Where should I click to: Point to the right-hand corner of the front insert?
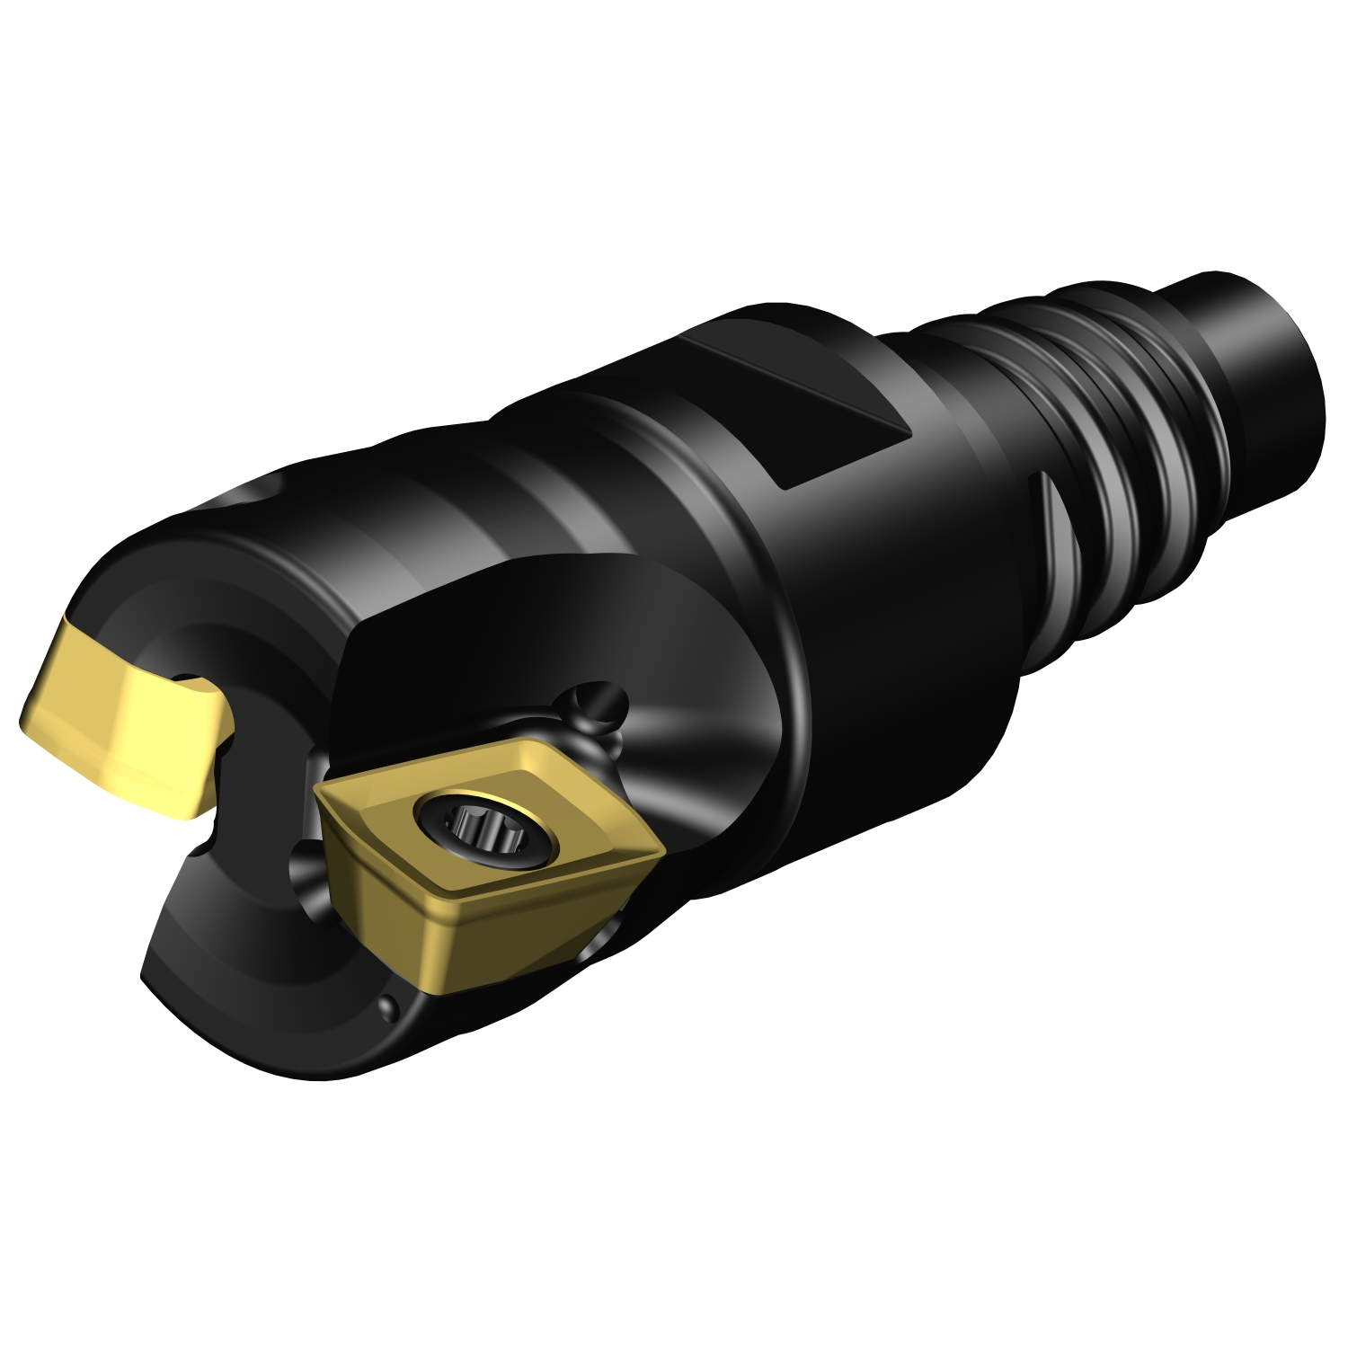click(661, 845)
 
